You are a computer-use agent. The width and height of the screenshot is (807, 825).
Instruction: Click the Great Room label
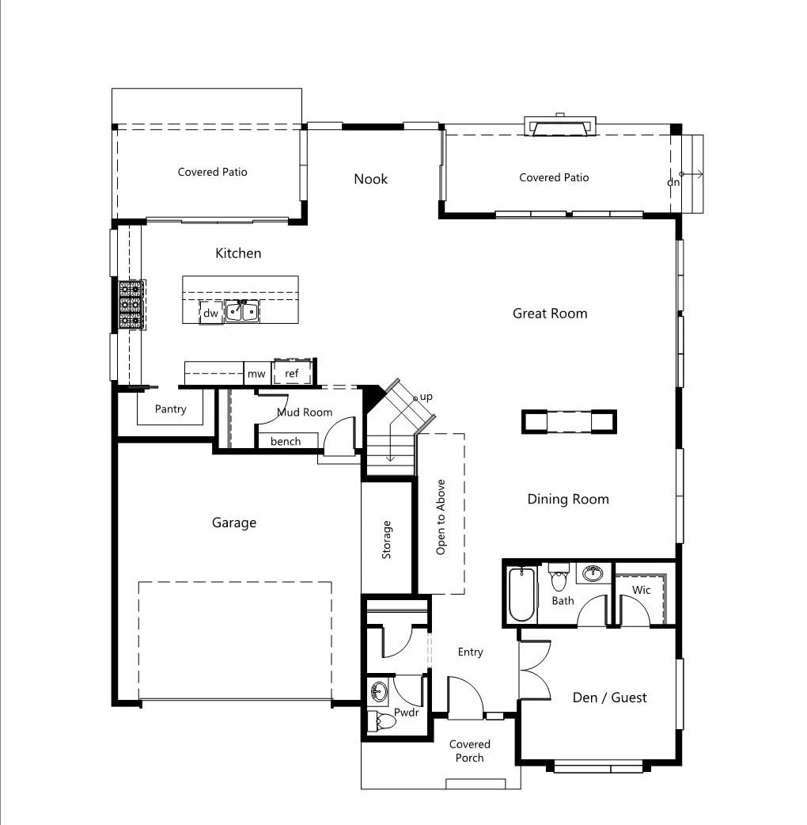[550, 314]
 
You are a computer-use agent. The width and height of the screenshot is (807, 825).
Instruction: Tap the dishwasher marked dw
[210, 313]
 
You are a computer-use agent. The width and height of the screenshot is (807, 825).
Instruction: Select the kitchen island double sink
[242, 310]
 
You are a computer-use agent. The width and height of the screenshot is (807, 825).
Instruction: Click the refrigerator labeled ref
[292, 372]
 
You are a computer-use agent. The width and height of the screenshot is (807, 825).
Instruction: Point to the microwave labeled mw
[256, 374]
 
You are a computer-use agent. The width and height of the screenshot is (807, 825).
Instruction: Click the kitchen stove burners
[131, 305]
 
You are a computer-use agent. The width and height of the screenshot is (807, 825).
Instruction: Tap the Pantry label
[170, 409]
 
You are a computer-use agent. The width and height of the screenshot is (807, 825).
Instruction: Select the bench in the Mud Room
[287, 441]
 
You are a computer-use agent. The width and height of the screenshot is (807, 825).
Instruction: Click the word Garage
[234, 523]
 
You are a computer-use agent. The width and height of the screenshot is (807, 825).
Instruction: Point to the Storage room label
[386, 539]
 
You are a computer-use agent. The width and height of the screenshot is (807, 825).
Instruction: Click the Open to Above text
[441, 517]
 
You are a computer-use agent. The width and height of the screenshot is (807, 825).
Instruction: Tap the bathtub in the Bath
[521, 594]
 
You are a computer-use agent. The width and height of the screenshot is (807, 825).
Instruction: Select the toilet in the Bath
[559, 577]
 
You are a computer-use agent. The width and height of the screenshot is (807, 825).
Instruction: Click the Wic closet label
[641, 590]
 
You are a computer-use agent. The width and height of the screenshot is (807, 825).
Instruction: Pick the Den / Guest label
[609, 698]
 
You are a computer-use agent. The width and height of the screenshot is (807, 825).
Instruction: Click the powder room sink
[378, 690]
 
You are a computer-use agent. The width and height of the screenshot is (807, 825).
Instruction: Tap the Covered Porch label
[469, 751]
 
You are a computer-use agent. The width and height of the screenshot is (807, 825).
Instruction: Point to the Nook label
[370, 179]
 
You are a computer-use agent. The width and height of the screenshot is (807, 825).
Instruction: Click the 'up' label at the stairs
[426, 397]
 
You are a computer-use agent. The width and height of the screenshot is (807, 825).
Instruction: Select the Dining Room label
[568, 500]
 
